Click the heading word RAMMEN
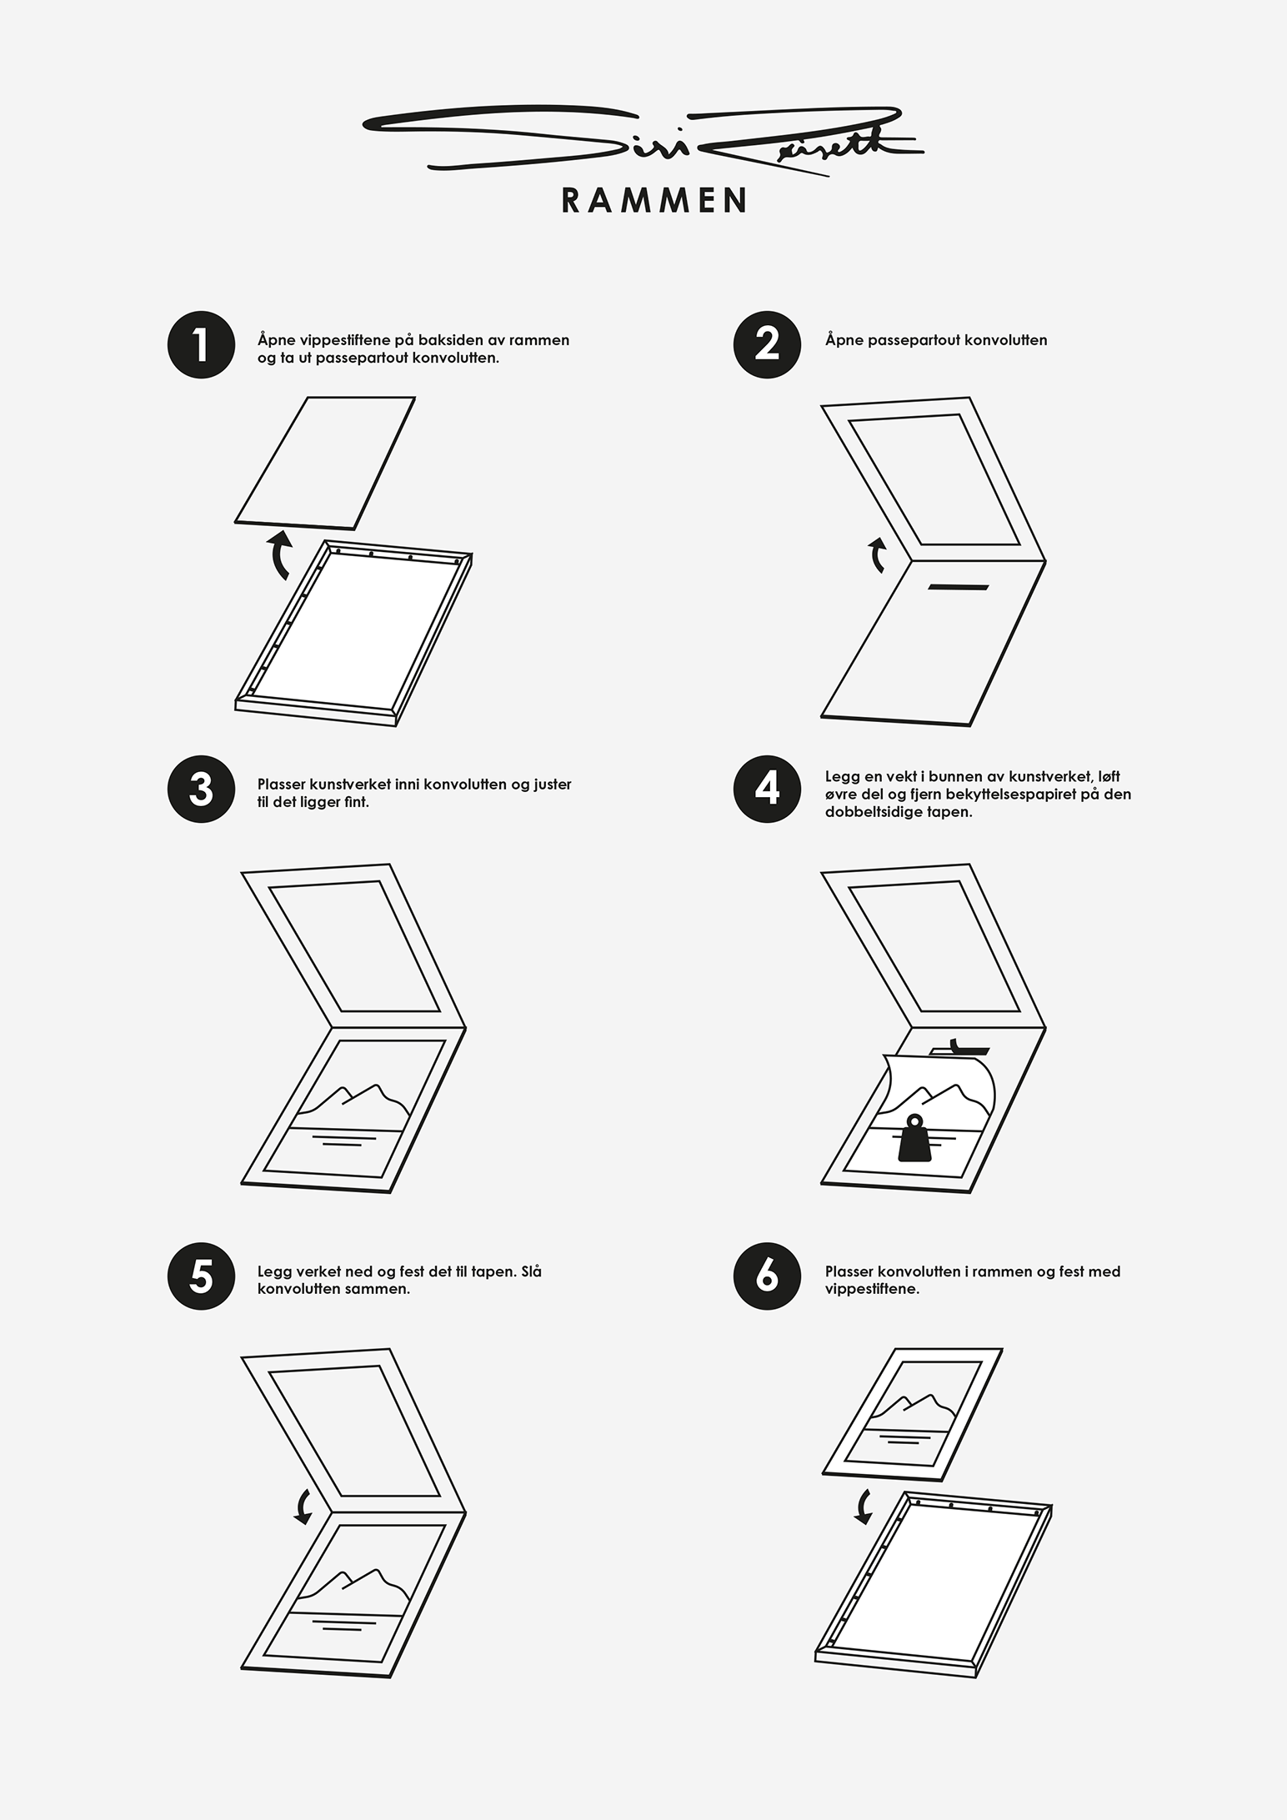click(654, 201)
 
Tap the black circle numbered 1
click(201, 344)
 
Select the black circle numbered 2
click(767, 344)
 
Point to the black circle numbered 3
click(201, 789)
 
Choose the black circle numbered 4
click(767, 789)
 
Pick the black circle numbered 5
click(201, 1276)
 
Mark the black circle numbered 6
click(767, 1276)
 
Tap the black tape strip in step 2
click(958, 587)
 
